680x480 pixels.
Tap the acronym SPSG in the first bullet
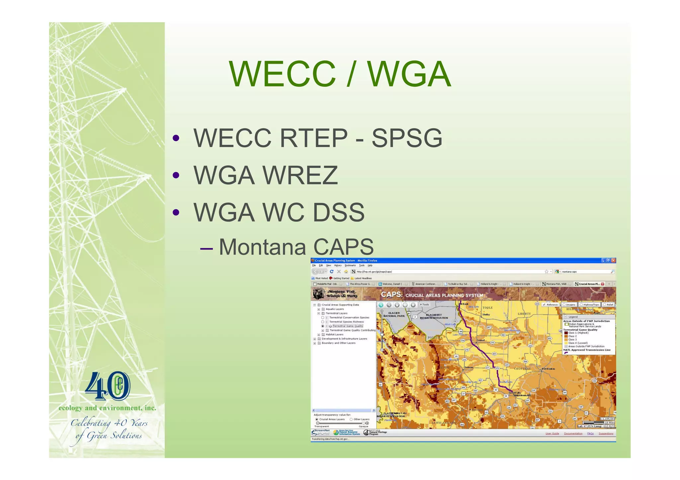[x=407, y=138]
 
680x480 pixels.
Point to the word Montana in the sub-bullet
[x=262, y=247]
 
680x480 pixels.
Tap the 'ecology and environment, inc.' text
[x=107, y=408]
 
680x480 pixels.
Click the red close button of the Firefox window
[x=613, y=260]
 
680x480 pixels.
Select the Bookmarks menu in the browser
[x=350, y=265]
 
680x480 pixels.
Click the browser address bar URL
[x=374, y=272]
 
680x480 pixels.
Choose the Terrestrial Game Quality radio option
[x=322, y=326]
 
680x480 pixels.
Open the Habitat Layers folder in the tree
[x=334, y=334]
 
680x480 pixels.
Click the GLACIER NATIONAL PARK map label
[x=394, y=314]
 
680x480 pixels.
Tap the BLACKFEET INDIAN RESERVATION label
[x=434, y=316]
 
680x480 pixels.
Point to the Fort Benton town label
[x=548, y=369]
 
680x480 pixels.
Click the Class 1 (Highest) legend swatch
[x=566, y=333]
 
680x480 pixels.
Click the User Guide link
[x=552, y=434]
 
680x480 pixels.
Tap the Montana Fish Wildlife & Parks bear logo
[x=319, y=294]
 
